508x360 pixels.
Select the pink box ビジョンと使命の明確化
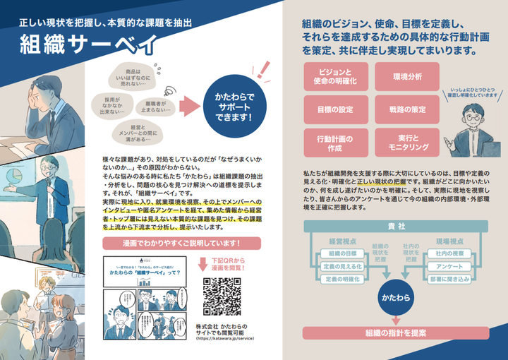(x=334, y=78)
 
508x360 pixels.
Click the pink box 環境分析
(x=407, y=78)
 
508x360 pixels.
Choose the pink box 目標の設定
(x=334, y=109)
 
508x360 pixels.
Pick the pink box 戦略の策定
(x=407, y=109)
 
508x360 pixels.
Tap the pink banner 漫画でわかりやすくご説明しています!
(x=181, y=244)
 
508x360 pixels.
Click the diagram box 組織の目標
(x=341, y=253)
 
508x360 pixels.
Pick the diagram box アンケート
(x=449, y=266)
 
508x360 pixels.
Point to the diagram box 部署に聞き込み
(x=449, y=280)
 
